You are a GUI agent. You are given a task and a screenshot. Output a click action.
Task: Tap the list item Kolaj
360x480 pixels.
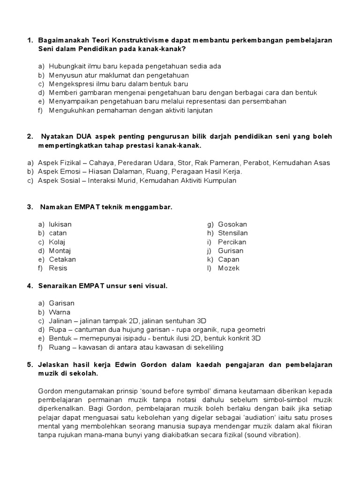tap(58, 242)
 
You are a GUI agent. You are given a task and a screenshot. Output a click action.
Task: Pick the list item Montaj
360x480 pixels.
tap(60, 251)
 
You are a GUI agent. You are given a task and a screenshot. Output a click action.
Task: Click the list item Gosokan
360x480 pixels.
tap(232, 225)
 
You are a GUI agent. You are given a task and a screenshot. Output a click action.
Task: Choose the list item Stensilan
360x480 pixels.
tap(233, 233)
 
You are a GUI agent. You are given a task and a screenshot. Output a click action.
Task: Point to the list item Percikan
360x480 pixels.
tap(232, 242)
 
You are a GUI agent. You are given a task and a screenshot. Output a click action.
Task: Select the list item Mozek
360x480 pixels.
tap(229, 268)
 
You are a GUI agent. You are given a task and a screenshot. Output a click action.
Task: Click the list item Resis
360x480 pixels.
tap(58, 268)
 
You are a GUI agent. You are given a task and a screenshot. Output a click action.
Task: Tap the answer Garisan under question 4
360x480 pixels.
tap(61, 303)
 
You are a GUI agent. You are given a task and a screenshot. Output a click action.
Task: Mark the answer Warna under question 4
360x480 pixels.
tap(60, 312)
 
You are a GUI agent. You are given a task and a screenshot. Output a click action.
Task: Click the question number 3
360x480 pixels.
tap(30, 207)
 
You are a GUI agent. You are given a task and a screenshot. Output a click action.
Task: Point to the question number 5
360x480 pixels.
tap(30, 365)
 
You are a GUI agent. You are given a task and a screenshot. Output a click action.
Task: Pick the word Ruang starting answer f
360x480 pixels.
tap(59, 347)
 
